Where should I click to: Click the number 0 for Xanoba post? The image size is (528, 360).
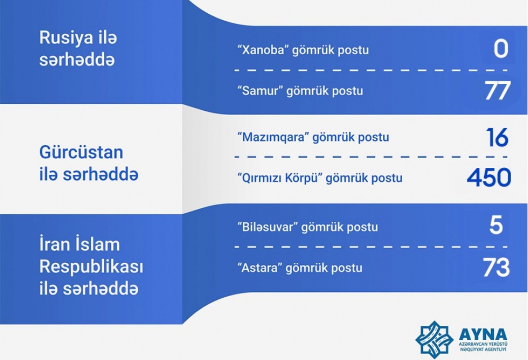pos(501,49)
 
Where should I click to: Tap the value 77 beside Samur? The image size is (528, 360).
pos(498,91)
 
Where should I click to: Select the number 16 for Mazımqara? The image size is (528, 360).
pos(497,137)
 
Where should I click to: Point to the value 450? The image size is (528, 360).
pos(489,177)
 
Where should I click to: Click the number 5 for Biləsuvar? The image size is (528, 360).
pos(496,225)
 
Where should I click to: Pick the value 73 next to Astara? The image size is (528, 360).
pos(496,268)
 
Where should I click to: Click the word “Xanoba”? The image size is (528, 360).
pos(263,50)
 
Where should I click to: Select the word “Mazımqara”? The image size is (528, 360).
pos(274,137)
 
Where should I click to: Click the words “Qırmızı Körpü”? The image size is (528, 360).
pos(280,178)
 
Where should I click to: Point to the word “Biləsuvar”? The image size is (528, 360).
pos(268,227)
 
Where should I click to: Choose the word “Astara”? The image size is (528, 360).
pos(260,268)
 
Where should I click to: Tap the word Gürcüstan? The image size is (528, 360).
pos(81,152)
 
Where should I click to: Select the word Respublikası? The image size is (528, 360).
pos(91,268)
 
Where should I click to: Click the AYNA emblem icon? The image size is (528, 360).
pos(435,339)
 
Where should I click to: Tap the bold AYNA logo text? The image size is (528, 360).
pos(483,334)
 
